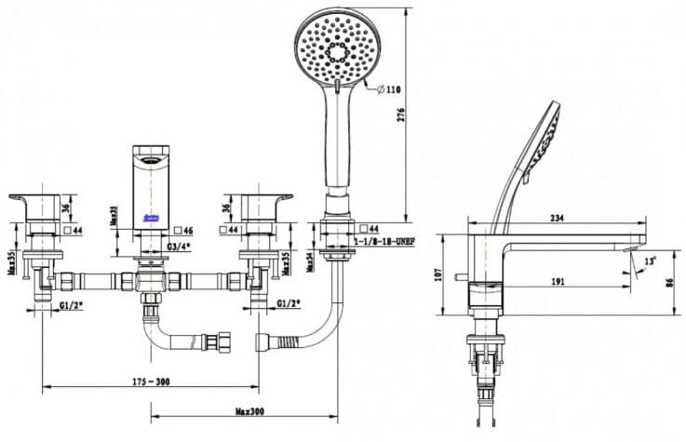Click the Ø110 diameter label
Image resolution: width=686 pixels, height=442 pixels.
pos(387,89)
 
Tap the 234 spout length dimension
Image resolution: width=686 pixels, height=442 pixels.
pos(557,217)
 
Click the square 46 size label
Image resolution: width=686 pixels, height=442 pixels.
pos(184,229)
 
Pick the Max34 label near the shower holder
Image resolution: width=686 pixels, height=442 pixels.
pos(310,261)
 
